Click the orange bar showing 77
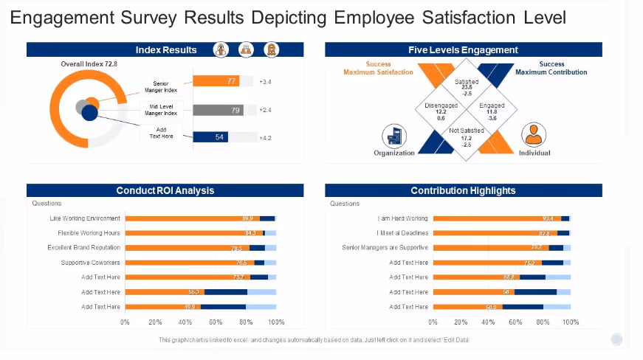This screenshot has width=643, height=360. (216, 81)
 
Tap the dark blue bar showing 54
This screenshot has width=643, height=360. (210, 137)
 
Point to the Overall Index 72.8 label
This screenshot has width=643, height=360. (89, 65)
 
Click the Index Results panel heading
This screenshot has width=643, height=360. (166, 50)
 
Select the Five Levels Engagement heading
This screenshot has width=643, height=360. (463, 50)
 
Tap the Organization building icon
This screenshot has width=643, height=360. (394, 136)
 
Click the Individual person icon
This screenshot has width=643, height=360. (534, 136)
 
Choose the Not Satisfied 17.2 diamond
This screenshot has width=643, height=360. (467, 137)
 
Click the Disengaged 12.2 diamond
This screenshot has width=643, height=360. (441, 111)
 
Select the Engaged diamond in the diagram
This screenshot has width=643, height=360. (492, 111)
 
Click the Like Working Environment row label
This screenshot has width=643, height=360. (85, 218)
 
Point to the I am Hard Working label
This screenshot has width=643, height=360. (402, 218)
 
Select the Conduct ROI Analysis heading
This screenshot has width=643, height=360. (165, 190)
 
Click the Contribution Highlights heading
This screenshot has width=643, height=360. (463, 190)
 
